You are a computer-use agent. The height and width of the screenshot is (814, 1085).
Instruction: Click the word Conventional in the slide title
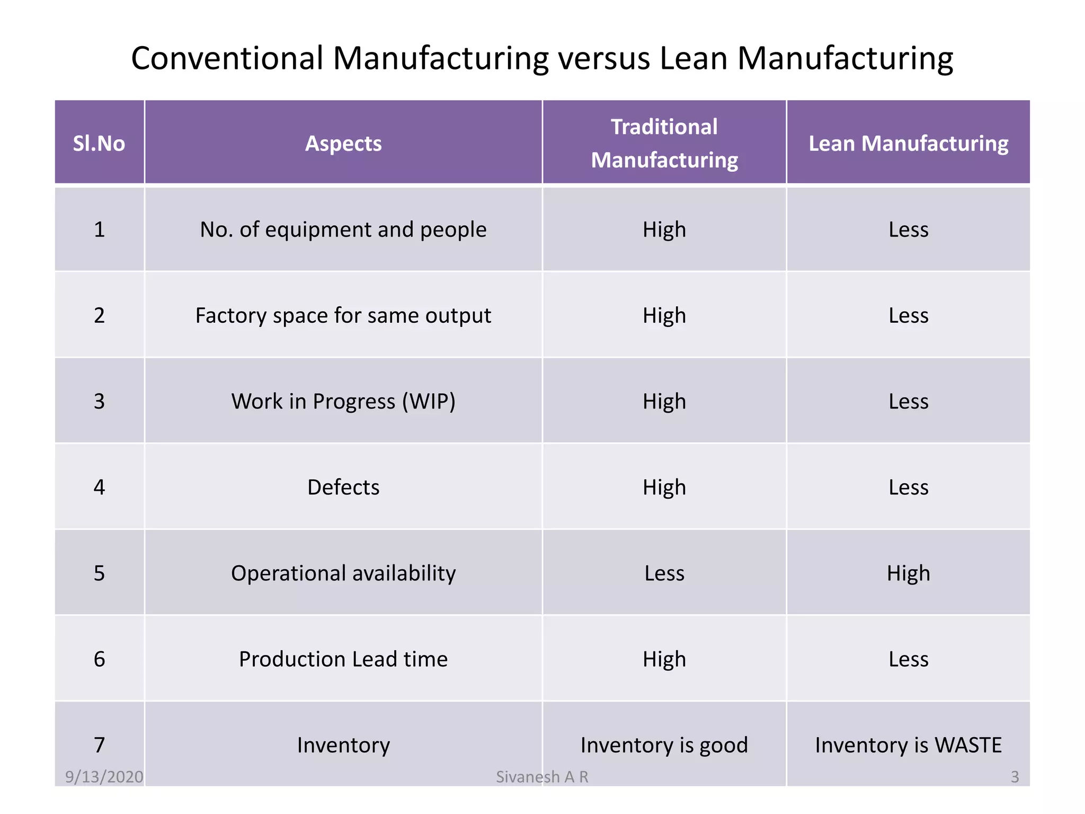pyautogui.click(x=227, y=58)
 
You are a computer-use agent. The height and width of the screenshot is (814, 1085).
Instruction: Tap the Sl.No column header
pyautogui.click(x=99, y=144)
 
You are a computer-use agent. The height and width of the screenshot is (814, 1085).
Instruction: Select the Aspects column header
pyautogui.click(x=343, y=144)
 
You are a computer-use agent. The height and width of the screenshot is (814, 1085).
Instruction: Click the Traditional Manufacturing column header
pyautogui.click(x=664, y=144)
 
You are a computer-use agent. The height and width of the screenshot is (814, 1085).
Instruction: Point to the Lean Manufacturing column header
pyautogui.click(x=908, y=144)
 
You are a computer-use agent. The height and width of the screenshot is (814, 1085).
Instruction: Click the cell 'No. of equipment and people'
pyautogui.click(x=343, y=229)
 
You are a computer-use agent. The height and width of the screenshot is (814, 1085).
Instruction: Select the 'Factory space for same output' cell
pyautogui.click(x=343, y=315)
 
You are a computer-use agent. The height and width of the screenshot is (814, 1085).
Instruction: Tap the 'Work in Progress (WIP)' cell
pyautogui.click(x=343, y=401)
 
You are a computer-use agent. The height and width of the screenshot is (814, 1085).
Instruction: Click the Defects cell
pyautogui.click(x=343, y=487)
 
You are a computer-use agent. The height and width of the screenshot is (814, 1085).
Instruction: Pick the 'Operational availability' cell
pyautogui.click(x=343, y=573)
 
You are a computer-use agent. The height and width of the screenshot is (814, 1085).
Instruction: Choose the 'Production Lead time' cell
pyautogui.click(x=343, y=659)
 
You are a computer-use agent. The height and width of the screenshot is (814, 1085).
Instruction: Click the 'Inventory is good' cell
pyautogui.click(x=664, y=745)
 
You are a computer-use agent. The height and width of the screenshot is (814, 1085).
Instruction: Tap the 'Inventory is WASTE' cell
pyautogui.click(x=908, y=745)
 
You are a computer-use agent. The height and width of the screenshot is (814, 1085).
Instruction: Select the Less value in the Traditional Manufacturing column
pyautogui.click(x=664, y=573)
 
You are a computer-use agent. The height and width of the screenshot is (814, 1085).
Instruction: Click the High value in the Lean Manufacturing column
pyautogui.click(x=908, y=573)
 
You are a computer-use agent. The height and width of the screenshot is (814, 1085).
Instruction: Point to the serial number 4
pyautogui.click(x=99, y=487)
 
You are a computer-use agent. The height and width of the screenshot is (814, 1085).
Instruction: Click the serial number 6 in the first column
pyautogui.click(x=99, y=659)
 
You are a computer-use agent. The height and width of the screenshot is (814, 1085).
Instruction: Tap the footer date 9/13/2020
pyautogui.click(x=104, y=777)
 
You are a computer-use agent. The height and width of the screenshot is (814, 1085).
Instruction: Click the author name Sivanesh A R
pyautogui.click(x=542, y=777)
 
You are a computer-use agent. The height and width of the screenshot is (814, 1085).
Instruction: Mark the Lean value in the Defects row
pyautogui.click(x=908, y=487)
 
